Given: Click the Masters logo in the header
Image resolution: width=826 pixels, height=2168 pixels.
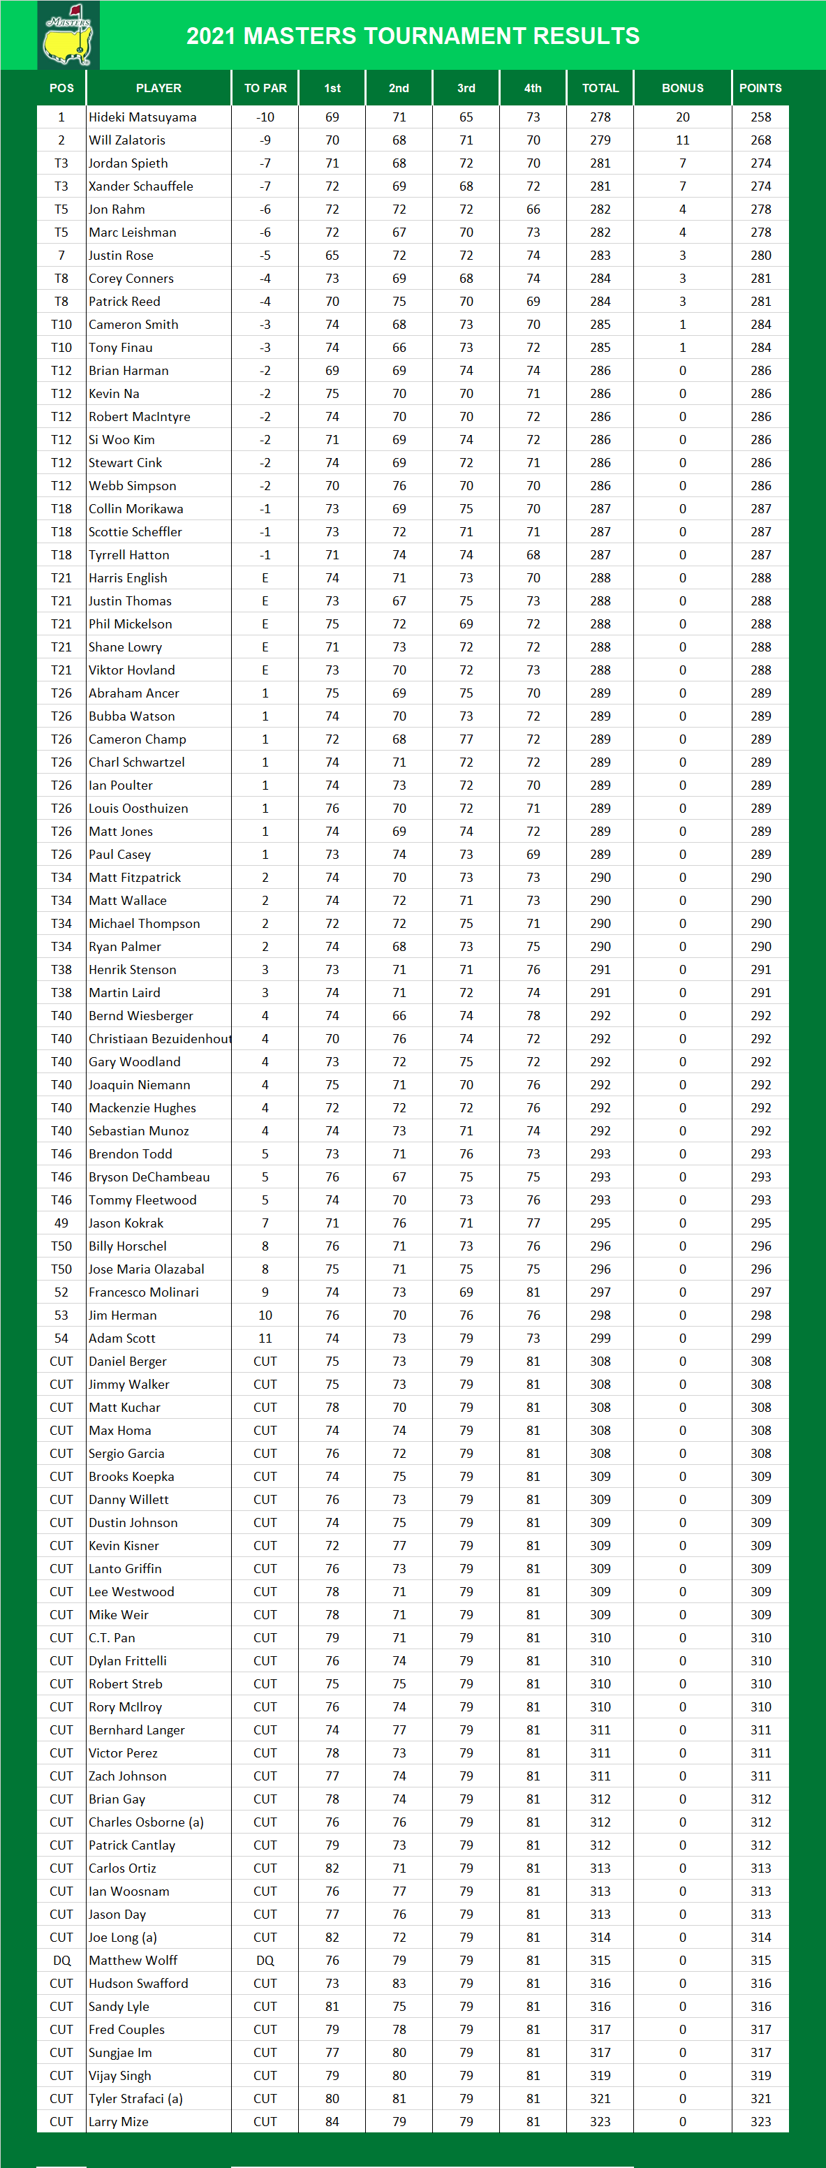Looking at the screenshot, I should pos(68,36).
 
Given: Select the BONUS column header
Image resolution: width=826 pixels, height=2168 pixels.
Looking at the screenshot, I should pos(682,87).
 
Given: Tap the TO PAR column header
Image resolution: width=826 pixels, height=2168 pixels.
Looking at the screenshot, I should pos(265,87).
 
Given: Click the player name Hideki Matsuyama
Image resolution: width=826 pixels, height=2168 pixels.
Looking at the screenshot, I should pos(142,117).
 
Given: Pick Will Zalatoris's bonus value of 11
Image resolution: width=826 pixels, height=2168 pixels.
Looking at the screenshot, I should pos(682,140).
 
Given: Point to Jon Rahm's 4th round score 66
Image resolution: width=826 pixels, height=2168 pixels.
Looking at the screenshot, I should pos(533,209).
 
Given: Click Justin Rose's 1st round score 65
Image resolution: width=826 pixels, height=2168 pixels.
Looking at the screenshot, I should pos(332,255).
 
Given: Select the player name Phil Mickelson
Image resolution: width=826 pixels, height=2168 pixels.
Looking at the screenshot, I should pos(131,624).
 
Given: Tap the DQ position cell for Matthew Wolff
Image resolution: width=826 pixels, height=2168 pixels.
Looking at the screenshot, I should pos(61,1960).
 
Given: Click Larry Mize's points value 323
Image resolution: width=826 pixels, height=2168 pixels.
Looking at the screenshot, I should pos(760,2122).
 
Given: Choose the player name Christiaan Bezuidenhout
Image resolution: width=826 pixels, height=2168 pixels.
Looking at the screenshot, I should pos(159,1038).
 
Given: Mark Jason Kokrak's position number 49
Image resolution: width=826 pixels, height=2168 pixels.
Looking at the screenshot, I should pos(61,1223).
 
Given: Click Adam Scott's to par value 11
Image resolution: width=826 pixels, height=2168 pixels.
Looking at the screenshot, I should pos(265,1339).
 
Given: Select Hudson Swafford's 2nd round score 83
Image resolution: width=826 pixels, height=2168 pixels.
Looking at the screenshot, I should pos(399,1983).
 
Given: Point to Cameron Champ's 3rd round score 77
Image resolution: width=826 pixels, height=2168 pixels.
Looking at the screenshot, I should pos(466,739).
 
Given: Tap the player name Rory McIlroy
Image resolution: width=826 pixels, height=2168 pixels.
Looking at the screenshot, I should pos(126,1706).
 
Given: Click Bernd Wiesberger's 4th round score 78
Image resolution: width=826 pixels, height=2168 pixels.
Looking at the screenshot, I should pos(533,1016).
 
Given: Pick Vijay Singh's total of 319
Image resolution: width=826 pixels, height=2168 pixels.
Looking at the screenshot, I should pos(600,2075).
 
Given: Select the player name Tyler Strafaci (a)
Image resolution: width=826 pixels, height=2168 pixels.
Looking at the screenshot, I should pos(135,2098).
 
